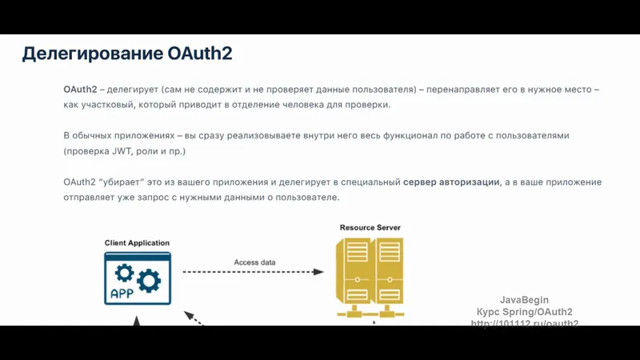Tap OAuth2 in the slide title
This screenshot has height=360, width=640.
point(200,54)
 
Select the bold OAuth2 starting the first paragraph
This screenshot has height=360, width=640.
point(80,90)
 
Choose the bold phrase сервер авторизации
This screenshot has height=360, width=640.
point(451,182)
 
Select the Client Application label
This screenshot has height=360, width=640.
point(137,243)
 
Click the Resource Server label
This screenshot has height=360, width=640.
point(370,228)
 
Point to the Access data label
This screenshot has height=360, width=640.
point(254,262)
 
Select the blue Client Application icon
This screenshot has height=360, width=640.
point(137,278)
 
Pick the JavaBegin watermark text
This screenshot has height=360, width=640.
point(524,300)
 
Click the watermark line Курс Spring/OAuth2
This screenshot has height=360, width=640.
point(524,312)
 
